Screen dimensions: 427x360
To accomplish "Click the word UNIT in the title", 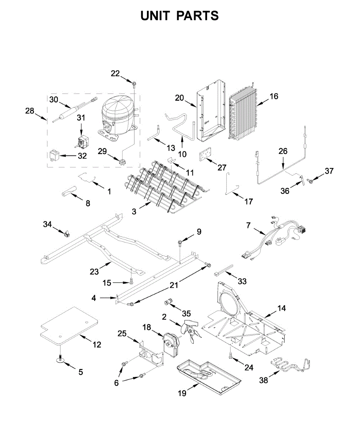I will click(x=155, y=16).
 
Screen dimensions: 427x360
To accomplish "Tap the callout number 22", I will click(x=115, y=74).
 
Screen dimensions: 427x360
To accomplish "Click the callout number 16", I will click(x=274, y=96).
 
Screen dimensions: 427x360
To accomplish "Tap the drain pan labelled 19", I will click(x=208, y=375).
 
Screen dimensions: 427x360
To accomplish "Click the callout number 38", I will click(x=263, y=380).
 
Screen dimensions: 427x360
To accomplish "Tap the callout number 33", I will click(x=242, y=281).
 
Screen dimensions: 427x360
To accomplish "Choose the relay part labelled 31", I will click(x=83, y=142).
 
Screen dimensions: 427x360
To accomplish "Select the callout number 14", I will click(x=281, y=308).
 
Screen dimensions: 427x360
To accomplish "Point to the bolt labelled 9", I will click(x=180, y=243).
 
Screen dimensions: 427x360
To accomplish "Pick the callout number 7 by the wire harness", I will click(x=248, y=225).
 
